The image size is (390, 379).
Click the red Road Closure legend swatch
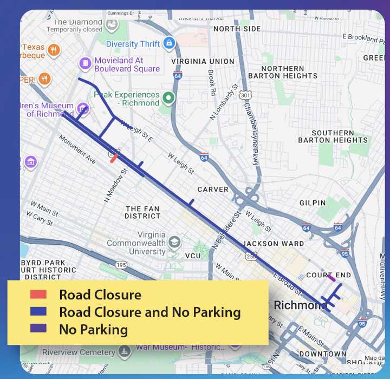pos(38,295)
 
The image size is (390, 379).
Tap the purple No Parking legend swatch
pos(38,329)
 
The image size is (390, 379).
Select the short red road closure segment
pos(113,158)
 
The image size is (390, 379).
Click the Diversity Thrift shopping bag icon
pos(169,43)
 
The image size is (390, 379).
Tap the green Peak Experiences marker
pos(169,98)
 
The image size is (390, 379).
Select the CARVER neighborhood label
pos(213,190)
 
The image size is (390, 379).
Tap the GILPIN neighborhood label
pos(312,203)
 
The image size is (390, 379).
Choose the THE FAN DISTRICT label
pos(143,212)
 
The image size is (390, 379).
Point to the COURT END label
pos(328,275)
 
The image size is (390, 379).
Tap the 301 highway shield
pos(246,95)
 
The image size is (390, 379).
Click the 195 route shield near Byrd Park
pos(121,265)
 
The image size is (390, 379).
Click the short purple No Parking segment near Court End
pos(331,278)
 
